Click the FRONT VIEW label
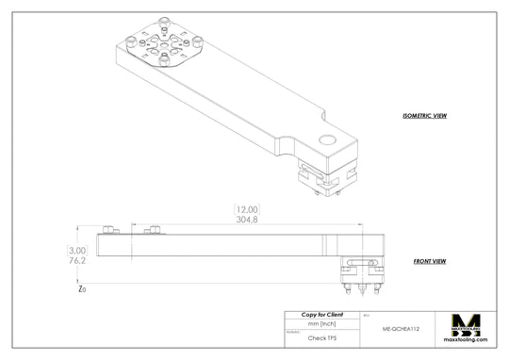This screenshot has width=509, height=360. (430, 261)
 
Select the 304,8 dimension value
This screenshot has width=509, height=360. (246, 220)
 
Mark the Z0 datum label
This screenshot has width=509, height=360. (82, 289)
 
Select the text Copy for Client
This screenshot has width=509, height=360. (322, 314)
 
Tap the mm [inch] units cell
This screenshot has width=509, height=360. (322, 323)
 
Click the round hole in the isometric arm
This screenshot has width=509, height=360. (327, 140)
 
